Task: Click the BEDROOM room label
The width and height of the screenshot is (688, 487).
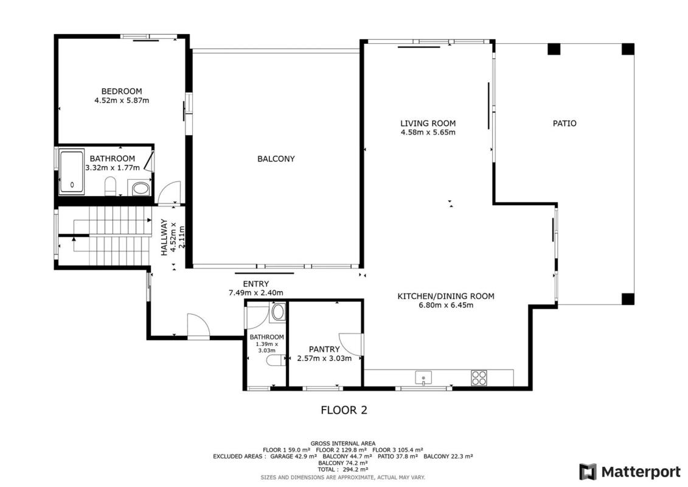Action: (122, 91)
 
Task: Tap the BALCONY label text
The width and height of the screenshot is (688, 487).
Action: (276, 159)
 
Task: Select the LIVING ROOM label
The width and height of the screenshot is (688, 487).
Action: (428, 124)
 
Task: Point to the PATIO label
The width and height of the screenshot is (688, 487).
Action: (565, 124)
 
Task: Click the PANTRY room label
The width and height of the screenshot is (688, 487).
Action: (324, 349)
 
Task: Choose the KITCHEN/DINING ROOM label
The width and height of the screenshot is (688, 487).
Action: (446, 296)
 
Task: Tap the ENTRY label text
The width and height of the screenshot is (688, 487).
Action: (256, 284)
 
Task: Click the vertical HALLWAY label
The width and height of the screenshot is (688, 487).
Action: (164, 237)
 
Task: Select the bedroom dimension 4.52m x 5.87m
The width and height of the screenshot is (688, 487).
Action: (122, 100)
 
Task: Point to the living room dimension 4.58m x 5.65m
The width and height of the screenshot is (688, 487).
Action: (428, 132)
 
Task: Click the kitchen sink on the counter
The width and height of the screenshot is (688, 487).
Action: (423, 377)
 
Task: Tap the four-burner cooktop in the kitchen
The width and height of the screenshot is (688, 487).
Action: (479, 378)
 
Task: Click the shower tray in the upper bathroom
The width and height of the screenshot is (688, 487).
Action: (72, 172)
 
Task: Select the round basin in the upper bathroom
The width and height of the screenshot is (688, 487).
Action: (141, 189)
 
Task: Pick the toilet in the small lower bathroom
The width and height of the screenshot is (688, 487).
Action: (275, 361)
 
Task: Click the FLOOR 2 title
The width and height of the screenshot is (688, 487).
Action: (344, 410)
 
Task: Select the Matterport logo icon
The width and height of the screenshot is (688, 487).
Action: (588, 472)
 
